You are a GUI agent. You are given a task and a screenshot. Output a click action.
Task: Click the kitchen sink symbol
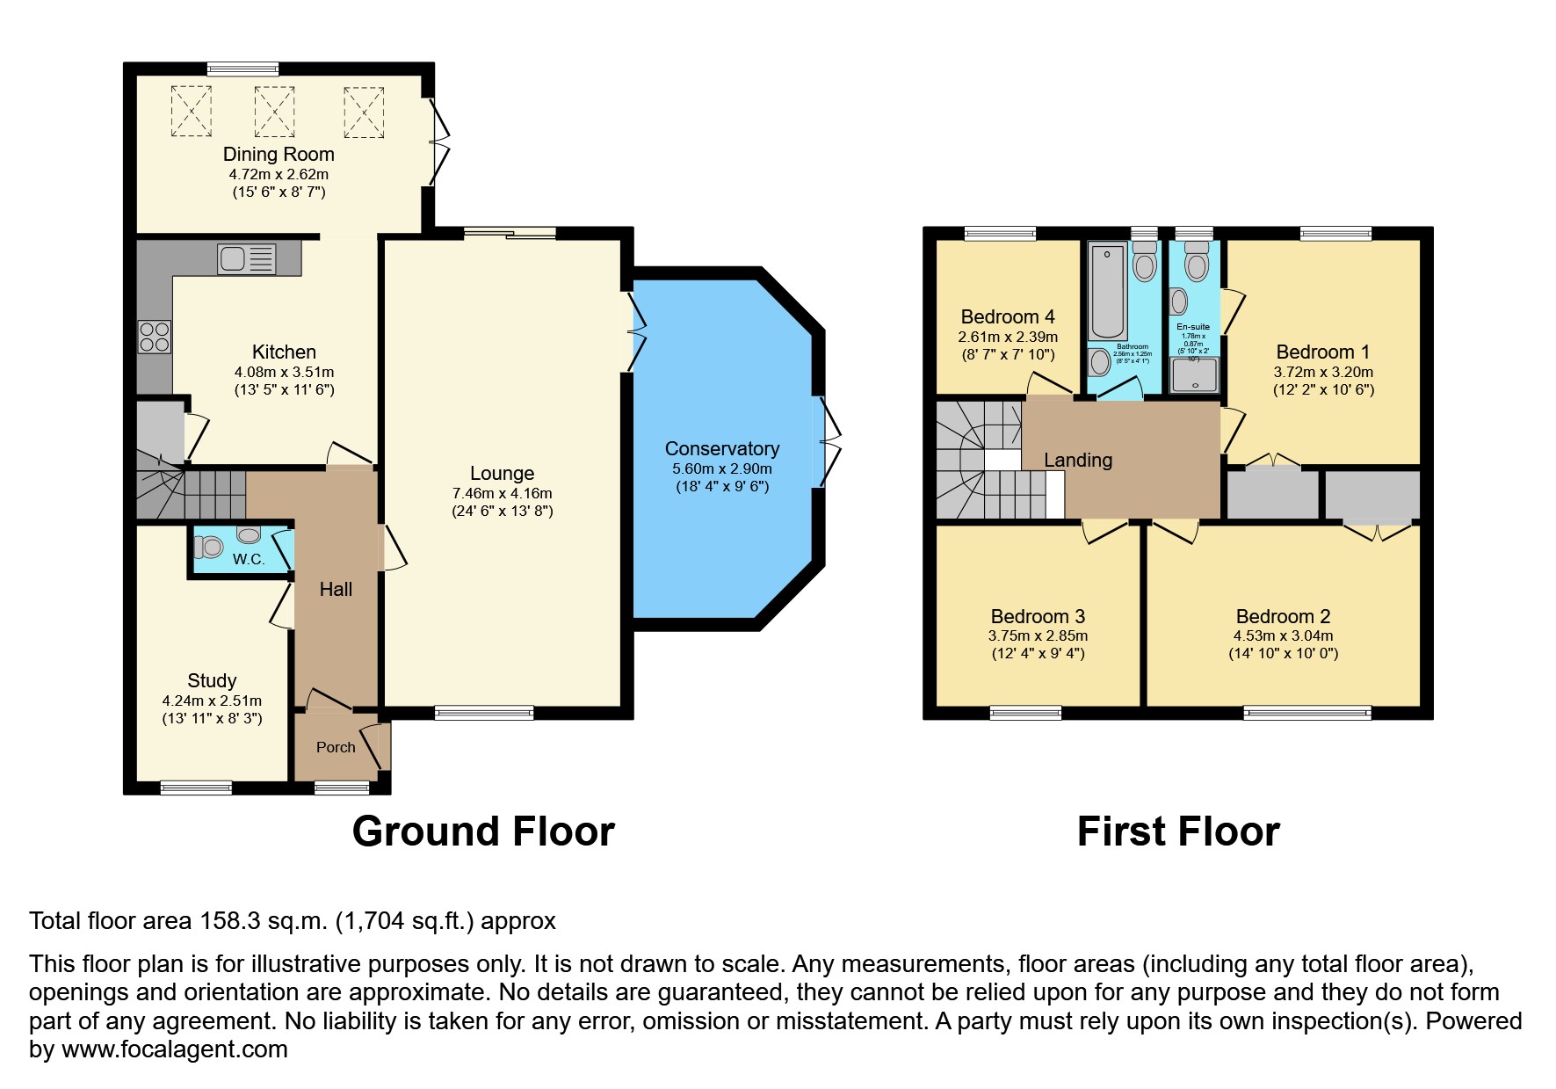click(246, 258)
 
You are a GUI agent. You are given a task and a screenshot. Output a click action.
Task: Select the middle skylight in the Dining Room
click(274, 111)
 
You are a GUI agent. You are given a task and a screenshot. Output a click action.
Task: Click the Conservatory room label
click(721, 448)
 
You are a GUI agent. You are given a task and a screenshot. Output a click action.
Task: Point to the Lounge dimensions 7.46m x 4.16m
click(502, 493)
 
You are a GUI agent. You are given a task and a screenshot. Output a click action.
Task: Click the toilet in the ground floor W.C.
click(209, 547)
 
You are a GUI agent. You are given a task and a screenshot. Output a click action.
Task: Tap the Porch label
click(336, 747)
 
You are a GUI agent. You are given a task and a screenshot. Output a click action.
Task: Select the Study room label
click(212, 680)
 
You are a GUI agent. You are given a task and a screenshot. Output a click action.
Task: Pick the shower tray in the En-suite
click(1193, 375)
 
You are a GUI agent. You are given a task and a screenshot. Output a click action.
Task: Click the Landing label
click(1077, 460)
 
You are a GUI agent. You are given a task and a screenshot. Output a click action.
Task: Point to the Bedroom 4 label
click(1008, 316)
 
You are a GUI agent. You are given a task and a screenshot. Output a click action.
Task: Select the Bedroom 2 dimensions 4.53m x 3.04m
click(1283, 635)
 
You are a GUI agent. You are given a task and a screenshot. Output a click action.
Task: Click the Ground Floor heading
click(483, 831)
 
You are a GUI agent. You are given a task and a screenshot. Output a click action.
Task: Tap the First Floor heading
click(1177, 831)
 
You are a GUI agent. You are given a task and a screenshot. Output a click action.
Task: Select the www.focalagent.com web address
click(174, 1049)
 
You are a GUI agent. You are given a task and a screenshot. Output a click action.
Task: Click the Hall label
click(336, 589)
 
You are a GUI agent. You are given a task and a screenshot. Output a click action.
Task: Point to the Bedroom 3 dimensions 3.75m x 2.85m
click(1038, 635)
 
